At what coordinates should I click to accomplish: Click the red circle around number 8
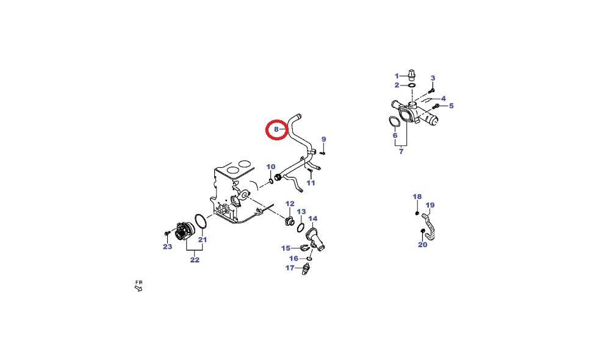[x=267, y=129]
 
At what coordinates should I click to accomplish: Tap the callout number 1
[x=397, y=76]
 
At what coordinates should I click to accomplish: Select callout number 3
[x=433, y=78]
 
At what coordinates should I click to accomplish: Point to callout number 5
[x=451, y=106]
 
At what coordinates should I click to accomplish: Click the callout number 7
[x=401, y=151]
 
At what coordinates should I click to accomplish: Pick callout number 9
[x=323, y=139]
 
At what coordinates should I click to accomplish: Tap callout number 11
[x=311, y=182]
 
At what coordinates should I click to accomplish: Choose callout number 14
[x=312, y=218]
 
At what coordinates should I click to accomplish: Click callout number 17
[x=290, y=268]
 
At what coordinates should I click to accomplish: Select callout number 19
[x=430, y=205]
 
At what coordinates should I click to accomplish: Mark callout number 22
[x=195, y=259]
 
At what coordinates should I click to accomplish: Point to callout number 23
[x=167, y=247]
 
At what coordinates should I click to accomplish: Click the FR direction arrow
[x=138, y=289]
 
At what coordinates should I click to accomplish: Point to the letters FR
[x=139, y=283]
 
